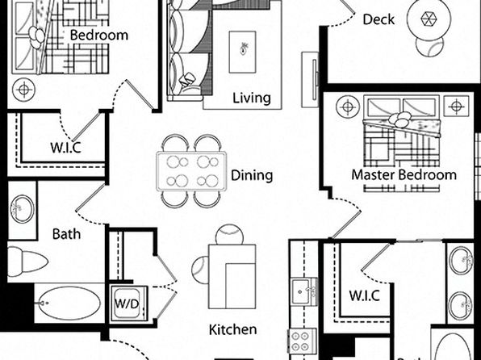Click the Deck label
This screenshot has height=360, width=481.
pyautogui.click(x=379, y=19)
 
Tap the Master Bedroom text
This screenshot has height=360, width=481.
pyautogui.click(x=404, y=175)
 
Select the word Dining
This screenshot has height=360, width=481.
pyautogui.click(x=252, y=175)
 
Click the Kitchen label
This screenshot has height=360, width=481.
pyautogui.click(x=232, y=329)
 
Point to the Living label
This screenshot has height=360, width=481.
pyautogui.click(x=252, y=98)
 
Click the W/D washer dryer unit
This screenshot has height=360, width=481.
pyautogui.click(x=129, y=303)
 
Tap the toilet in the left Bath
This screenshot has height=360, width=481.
pyautogui.click(x=27, y=262)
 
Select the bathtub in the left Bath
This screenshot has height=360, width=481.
pyautogui.click(x=69, y=303)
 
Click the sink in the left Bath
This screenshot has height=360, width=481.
pyautogui.click(x=22, y=209)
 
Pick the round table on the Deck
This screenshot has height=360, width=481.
pyautogui.click(x=429, y=19)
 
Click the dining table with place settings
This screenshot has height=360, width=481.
pyautogui.click(x=191, y=171)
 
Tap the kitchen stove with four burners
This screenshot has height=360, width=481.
pyautogui.click(x=302, y=341)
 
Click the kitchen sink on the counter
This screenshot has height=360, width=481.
pyautogui.click(x=304, y=291)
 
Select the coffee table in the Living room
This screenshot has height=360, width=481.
pyautogui.click(x=242, y=52)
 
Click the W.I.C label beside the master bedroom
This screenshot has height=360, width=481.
pyautogui.click(x=365, y=295)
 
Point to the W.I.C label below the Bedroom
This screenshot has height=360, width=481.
pyautogui.click(x=65, y=148)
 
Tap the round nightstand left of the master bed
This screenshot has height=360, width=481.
pyautogui.click(x=348, y=107)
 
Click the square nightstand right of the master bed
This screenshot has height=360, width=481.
pyautogui.click(x=456, y=107)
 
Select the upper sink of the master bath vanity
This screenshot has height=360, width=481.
pyautogui.click(x=461, y=260)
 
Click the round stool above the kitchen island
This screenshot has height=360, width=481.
pyautogui.click(x=229, y=236)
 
